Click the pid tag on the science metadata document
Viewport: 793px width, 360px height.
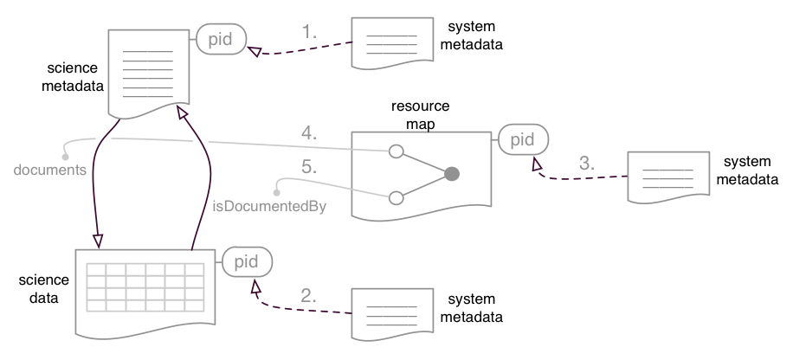(222, 39)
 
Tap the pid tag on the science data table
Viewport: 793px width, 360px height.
(247, 260)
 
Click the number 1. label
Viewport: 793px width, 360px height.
(310, 31)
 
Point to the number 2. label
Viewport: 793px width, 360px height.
(310, 294)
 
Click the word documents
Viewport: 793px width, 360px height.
(49, 170)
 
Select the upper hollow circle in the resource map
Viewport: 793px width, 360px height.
(396, 152)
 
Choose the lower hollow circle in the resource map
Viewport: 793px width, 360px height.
(396, 197)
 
